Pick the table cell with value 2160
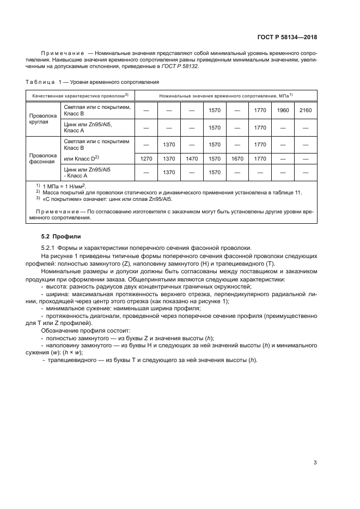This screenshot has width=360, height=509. tap(306, 111)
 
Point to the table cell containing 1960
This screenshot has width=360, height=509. tap(283, 111)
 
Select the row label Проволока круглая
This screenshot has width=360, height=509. tap(42, 119)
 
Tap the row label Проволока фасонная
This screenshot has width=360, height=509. tap(42, 158)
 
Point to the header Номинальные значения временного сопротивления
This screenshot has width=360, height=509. tap(225, 95)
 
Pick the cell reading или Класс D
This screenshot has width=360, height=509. tap(81, 158)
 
